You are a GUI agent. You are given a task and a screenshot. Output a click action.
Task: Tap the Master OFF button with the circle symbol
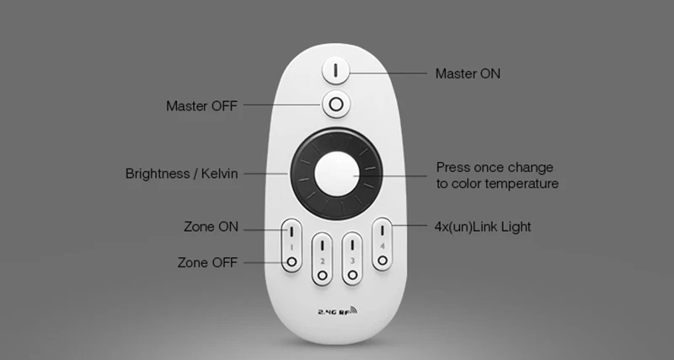(336, 104)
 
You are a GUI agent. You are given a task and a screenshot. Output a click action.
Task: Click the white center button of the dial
(336, 174)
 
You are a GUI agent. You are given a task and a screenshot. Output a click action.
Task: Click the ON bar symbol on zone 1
(292, 231)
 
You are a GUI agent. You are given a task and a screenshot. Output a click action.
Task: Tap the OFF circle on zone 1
(292, 261)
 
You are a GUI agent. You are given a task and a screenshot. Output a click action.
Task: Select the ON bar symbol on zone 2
(322, 245)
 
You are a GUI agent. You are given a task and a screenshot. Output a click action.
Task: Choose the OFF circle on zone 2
(323, 275)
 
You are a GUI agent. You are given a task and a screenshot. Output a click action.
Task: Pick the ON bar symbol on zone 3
(352, 245)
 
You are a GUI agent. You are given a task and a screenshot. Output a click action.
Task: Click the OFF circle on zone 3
(352, 275)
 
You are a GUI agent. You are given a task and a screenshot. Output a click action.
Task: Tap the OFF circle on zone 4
(382, 261)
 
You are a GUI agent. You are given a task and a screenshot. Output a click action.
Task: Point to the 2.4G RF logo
(338, 310)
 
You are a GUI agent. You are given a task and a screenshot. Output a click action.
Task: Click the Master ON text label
(468, 73)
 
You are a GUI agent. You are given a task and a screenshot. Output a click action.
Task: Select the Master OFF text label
(201, 105)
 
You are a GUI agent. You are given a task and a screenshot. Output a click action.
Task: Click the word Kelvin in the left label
(219, 174)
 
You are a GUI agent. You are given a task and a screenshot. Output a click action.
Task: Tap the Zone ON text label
(211, 227)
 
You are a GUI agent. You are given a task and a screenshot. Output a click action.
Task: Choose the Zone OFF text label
(207, 262)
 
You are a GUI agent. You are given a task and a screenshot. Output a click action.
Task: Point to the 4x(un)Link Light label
(483, 227)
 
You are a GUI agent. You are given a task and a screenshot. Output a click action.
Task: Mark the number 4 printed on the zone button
(382, 246)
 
